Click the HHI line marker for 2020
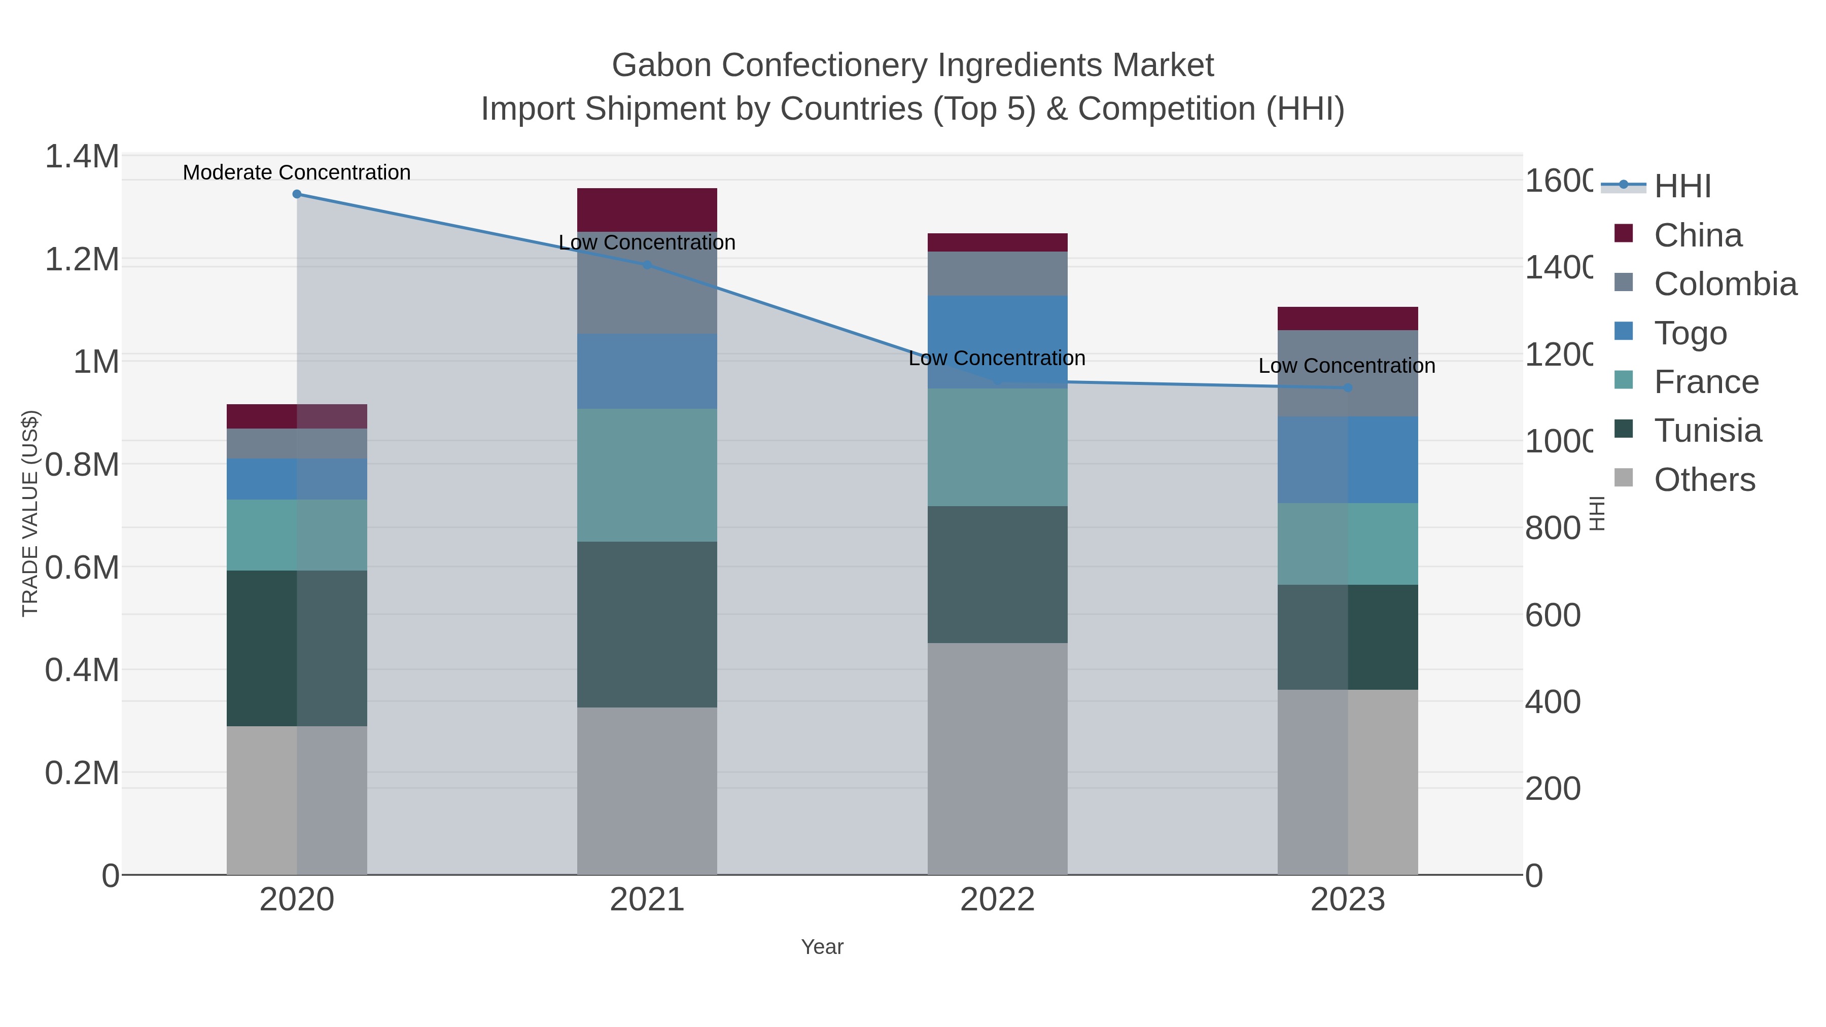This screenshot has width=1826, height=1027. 297,194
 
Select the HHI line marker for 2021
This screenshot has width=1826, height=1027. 647,265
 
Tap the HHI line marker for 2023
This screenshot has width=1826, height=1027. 1348,387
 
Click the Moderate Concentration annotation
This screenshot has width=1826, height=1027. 296,172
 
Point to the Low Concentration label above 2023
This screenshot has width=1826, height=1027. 1346,366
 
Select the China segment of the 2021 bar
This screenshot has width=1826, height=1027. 647,210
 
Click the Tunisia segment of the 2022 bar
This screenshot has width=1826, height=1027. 997,574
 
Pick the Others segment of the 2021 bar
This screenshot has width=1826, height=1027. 647,790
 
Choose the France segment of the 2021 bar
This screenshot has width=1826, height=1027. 647,475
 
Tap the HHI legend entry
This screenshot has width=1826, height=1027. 1682,187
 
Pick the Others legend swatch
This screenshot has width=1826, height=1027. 1623,478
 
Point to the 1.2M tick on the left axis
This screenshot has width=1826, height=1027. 82,259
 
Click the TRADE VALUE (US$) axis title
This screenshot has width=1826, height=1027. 30,513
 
